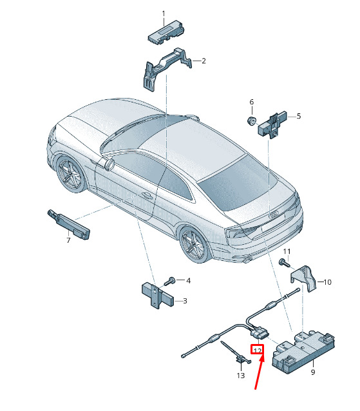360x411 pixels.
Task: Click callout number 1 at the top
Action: pyautogui.click(x=164, y=14)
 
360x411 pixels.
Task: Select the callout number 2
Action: pyautogui.click(x=204, y=61)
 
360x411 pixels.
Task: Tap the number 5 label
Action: pyautogui.click(x=299, y=116)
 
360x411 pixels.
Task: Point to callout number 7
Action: pyautogui.click(x=68, y=240)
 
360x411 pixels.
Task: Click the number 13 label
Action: pyautogui.click(x=240, y=376)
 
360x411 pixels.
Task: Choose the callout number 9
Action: pyautogui.click(x=313, y=372)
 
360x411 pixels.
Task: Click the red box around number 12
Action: pyautogui.click(x=258, y=349)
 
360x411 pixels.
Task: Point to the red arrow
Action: pyautogui.click(x=259, y=372)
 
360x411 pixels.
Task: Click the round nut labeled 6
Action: pyautogui.click(x=251, y=121)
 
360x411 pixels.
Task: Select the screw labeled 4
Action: pyautogui.click(x=169, y=282)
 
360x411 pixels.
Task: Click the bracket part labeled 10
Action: pyautogui.click(x=304, y=278)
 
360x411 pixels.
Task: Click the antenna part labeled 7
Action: pyautogui.click(x=69, y=224)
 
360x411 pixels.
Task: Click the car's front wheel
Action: pyautogui.click(x=71, y=174)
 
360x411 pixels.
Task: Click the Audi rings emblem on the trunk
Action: pyautogui.click(x=274, y=215)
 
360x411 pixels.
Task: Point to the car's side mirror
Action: pyautogui.click(x=109, y=164)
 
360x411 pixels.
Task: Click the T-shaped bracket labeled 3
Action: pyautogui.click(x=157, y=294)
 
